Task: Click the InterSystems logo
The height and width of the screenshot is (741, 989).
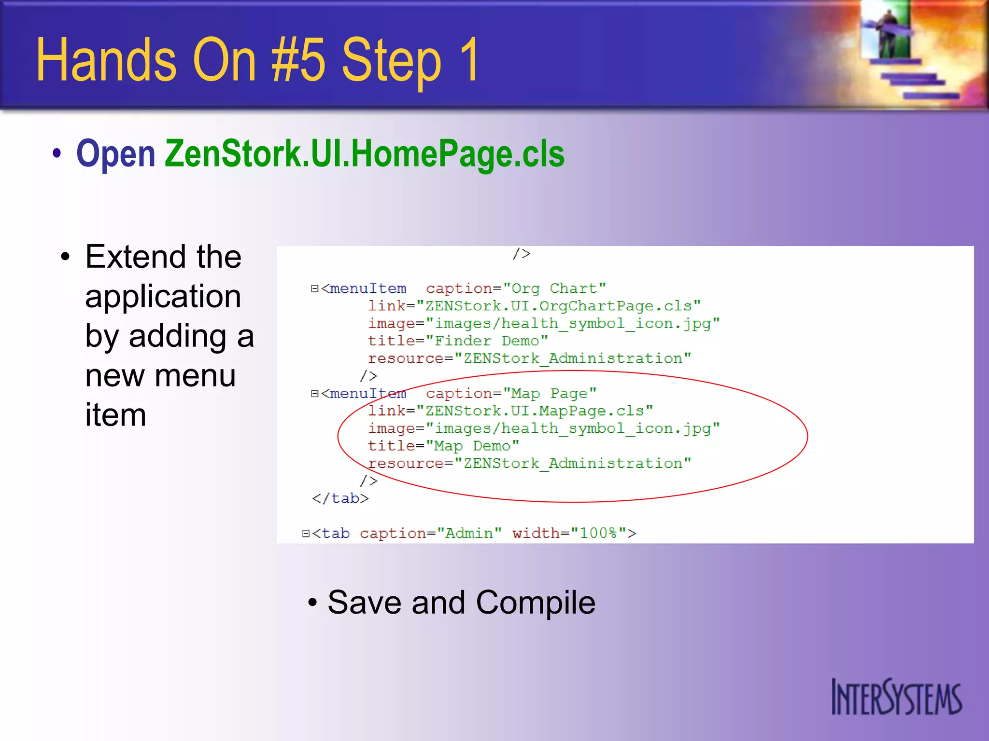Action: click(x=896, y=697)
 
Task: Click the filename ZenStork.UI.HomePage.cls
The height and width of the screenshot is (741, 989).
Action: click(x=365, y=153)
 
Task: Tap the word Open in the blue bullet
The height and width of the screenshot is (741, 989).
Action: click(x=116, y=153)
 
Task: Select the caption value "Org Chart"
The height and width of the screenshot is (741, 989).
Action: click(x=554, y=288)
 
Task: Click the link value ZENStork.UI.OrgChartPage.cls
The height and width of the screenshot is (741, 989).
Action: click(x=558, y=306)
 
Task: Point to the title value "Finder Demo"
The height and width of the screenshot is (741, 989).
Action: click(x=487, y=341)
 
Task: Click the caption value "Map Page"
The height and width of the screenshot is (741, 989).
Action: click(x=550, y=393)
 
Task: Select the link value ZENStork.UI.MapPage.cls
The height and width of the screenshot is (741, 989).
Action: click(x=534, y=411)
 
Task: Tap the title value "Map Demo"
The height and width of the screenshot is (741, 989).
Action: click(x=472, y=446)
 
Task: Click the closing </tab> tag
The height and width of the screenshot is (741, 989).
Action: click(x=340, y=498)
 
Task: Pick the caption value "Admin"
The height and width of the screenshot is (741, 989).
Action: click(x=469, y=533)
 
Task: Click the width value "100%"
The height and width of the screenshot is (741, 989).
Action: click(x=598, y=533)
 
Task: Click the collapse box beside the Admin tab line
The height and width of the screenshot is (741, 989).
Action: click(x=306, y=534)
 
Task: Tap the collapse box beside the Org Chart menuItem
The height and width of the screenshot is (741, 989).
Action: click(x=315, y=288)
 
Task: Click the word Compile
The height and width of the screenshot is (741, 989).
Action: click(x=536, y=603)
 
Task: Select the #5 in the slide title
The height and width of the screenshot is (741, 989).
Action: click(x=298, y=60)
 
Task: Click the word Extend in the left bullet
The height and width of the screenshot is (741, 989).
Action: click(x=129, y=257)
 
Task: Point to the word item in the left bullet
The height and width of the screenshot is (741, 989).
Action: click(x=115, y=415)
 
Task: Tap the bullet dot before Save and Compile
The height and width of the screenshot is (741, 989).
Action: click(x=312, y=602)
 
